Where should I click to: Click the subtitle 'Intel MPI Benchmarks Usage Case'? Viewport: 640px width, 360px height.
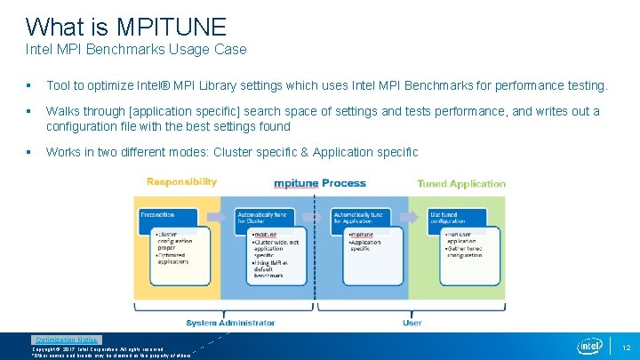pyautogui.click(x=136, y=50)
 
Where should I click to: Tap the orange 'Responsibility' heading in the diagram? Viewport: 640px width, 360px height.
pyautogui.click(x=181, y=181)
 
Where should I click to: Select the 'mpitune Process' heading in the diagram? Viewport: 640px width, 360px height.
pyautogui.click(x=319, y=183)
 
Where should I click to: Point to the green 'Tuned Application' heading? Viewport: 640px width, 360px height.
pyautogui.click(x=460, y=184)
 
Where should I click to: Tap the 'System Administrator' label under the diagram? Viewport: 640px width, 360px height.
pyautogui.click(x=230, y=323)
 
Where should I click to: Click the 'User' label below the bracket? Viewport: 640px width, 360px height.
pyautogui.click(x=412, y=323)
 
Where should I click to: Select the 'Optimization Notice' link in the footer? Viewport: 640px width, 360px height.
pyautogui.click(x=67, y=340)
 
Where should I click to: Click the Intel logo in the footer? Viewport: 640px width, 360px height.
pyautogui.click(x=589, y=345)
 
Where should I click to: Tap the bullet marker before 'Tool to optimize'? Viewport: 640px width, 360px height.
pyautogui.click(x=29, y=86)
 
